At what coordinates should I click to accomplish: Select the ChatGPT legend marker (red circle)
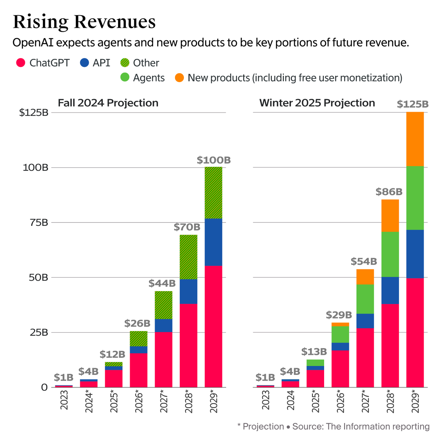coord(20,63)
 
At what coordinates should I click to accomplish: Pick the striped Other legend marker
coord(125,63)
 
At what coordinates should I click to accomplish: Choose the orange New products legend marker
coord(179,78)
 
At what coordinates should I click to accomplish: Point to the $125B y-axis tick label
coord(34,112)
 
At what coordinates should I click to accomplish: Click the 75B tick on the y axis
coord(39,222)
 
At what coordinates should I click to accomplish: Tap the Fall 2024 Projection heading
coord(108,103)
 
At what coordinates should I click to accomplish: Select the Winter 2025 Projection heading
coord(317,103)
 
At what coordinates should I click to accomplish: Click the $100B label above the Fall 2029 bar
coord(213,160)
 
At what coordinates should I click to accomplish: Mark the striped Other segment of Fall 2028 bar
coord(188,257)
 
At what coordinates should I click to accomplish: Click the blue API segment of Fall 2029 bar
coord(213,242)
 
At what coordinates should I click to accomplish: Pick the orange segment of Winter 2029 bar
coord(415,139)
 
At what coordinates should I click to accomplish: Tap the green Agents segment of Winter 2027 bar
coord(365,299)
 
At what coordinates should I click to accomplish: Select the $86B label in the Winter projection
coord(389,192)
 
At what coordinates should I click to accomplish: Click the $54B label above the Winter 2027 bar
coord(364,262)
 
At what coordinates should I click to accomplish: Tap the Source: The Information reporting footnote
coord(360,427)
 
